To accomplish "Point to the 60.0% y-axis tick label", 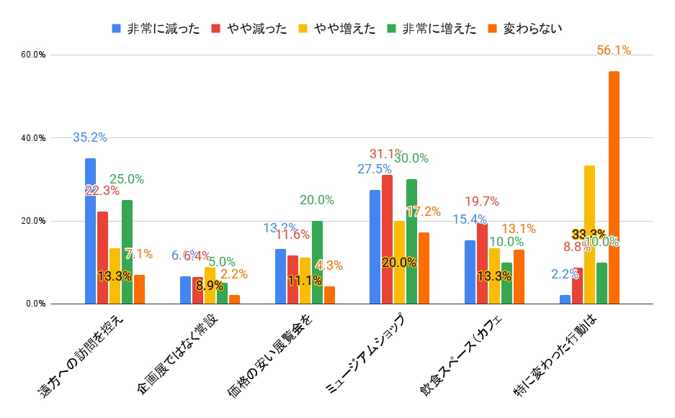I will click(x=33, y=55).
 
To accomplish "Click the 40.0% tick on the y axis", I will click(x=33, y=138).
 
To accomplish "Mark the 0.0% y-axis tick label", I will click(x=35, y=304).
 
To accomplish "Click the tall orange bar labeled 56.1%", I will click(x=614, y=187).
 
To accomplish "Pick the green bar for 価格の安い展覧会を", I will click(x=317, y=263).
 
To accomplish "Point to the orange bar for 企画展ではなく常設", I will click(x=234, y=299).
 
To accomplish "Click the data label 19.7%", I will click(x=482, y=201).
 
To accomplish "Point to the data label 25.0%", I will click(x=127, y=179).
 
